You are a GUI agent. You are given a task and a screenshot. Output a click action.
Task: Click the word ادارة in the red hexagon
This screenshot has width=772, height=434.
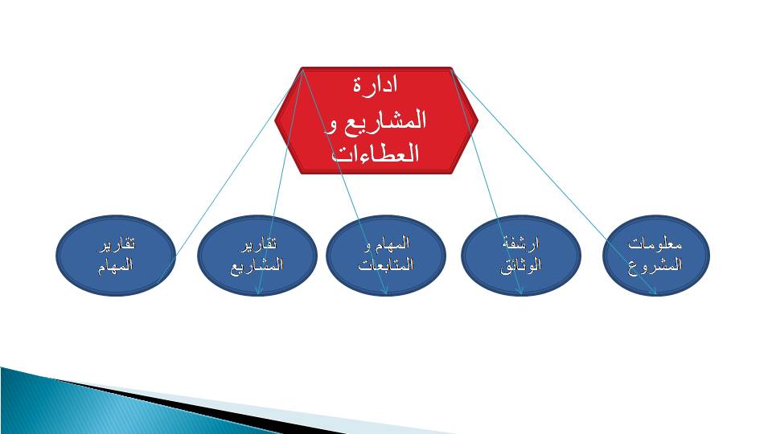point(376,84)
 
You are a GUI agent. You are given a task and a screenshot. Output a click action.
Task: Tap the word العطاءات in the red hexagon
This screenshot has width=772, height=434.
point(376,153)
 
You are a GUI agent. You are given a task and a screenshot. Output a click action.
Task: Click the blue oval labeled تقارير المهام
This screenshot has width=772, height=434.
point(116,256)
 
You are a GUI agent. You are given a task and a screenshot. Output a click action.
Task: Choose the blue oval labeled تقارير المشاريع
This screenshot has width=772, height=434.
point(257,256)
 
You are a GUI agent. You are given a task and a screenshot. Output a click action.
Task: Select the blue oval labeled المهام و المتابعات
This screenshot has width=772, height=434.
point(386,256)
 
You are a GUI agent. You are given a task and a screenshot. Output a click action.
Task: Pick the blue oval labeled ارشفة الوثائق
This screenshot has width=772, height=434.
point(521,256)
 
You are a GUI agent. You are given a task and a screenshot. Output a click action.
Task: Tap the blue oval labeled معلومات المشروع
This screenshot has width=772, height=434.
point(656,256)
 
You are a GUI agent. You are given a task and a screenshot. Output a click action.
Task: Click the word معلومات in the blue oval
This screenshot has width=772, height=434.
point(655,244)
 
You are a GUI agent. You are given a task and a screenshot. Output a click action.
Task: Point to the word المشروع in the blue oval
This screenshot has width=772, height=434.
point(655,265)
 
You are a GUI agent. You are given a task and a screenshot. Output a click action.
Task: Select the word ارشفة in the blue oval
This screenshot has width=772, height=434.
point(521,243)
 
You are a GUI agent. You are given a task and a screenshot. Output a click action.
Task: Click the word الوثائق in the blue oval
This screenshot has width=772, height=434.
point(521,265)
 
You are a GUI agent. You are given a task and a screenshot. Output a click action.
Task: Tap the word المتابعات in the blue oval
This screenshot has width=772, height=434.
point(386,265)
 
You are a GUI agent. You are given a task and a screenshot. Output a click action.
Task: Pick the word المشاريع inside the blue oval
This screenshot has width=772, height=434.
point(257,266)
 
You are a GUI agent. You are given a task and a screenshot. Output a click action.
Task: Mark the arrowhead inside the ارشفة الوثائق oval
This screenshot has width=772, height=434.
point(519,292)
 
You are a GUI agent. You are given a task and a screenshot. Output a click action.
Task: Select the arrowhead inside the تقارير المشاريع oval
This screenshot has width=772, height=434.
point(258,292)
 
